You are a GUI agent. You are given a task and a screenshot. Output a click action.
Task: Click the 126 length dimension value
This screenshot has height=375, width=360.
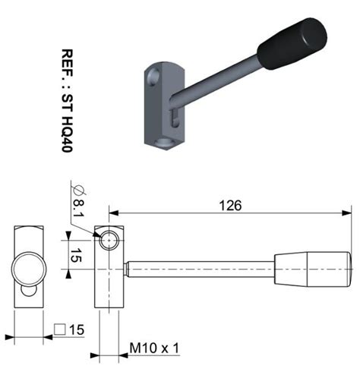pos(230,205)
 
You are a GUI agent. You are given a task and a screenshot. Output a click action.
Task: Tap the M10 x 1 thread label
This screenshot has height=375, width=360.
pos(154,348)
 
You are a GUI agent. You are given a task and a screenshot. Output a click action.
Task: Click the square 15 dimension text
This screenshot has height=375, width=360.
pos(69,329)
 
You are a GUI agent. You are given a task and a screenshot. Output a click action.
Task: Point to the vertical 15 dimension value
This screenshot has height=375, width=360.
pos(76,255)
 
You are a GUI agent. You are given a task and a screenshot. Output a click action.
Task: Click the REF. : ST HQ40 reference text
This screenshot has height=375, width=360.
pos(68,101)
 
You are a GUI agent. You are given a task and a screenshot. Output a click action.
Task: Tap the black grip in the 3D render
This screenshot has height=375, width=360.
pos(292,44)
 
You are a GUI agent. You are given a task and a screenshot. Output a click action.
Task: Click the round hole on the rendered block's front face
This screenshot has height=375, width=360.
pos(153,76)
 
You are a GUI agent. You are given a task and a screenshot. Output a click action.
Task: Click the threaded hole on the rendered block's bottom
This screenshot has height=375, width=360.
pos(163,143)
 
